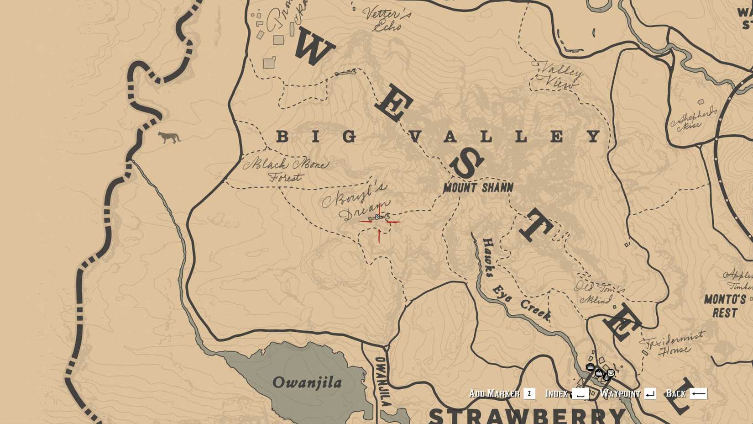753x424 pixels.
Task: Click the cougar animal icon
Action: tap(169, 137)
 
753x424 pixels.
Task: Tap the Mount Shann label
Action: tap(478, 187)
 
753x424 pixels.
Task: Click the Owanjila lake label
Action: tap(307, 382)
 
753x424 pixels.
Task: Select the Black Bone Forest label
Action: tap(286, 170)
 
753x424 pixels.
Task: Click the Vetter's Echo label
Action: tap(387, 19)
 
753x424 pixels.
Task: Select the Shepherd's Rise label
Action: tap(693, 119)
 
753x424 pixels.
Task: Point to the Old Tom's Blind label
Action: tap(599, 293)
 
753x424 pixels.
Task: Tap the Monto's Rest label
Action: tap(725, 306)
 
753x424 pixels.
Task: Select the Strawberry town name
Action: tap(527, 415)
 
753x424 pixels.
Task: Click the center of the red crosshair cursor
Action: tap(379, 222)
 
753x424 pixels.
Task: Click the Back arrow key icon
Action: tap(698, 394)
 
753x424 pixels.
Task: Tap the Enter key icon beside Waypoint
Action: tap(650, 394)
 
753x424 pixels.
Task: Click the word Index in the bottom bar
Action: tap(556, 394)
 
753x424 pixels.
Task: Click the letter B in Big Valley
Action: tap(282, 136)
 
